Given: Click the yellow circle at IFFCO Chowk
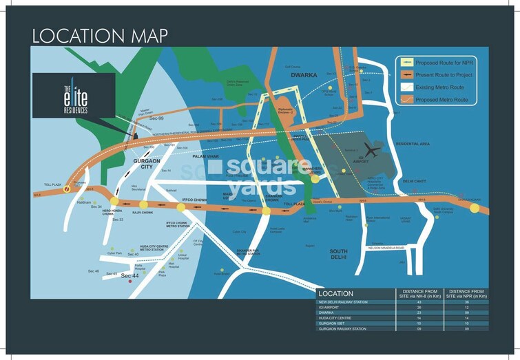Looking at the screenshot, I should click(180, 204).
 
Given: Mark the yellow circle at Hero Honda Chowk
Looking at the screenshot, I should click(114, 201).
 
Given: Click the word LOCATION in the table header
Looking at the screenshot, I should click(337, 294).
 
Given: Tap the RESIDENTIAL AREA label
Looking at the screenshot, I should click(412, 144).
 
